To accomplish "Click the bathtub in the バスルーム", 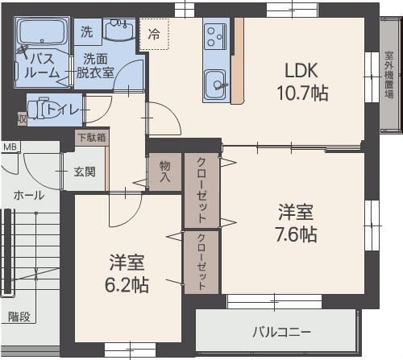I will (41, 34).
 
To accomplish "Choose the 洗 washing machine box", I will (86, 32).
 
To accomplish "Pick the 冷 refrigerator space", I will (153, 35).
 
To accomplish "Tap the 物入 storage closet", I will (164, 171).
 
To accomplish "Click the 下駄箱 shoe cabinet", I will (91, 137).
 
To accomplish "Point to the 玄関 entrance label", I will (85, 171).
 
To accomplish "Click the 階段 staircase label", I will (19, 317).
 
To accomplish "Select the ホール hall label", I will (29, 195).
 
